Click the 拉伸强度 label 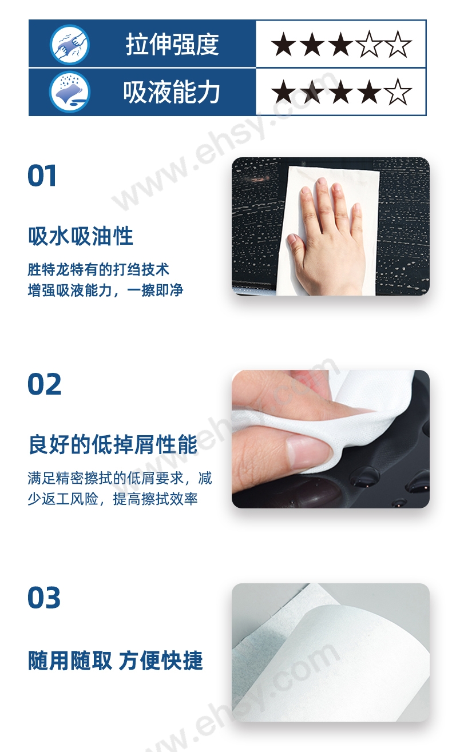(172, 44)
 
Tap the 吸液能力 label (172, 91)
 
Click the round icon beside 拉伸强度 (70, 44)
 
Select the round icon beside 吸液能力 (70, 91)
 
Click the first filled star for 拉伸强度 (284, 44)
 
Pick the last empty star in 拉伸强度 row (398, 44)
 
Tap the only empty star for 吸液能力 (398, 91)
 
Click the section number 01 (42, 176)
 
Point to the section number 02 (44, 384)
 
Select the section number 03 (44, 598)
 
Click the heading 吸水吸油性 (81, 236)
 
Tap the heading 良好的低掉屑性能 (113, 444)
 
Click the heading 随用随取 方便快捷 (116, 661)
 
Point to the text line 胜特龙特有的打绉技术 (98, 269)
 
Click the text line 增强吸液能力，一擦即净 (105, 290)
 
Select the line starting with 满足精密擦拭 (120, 478)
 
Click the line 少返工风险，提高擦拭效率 (113, 499)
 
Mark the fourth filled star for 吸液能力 (370, 91)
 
